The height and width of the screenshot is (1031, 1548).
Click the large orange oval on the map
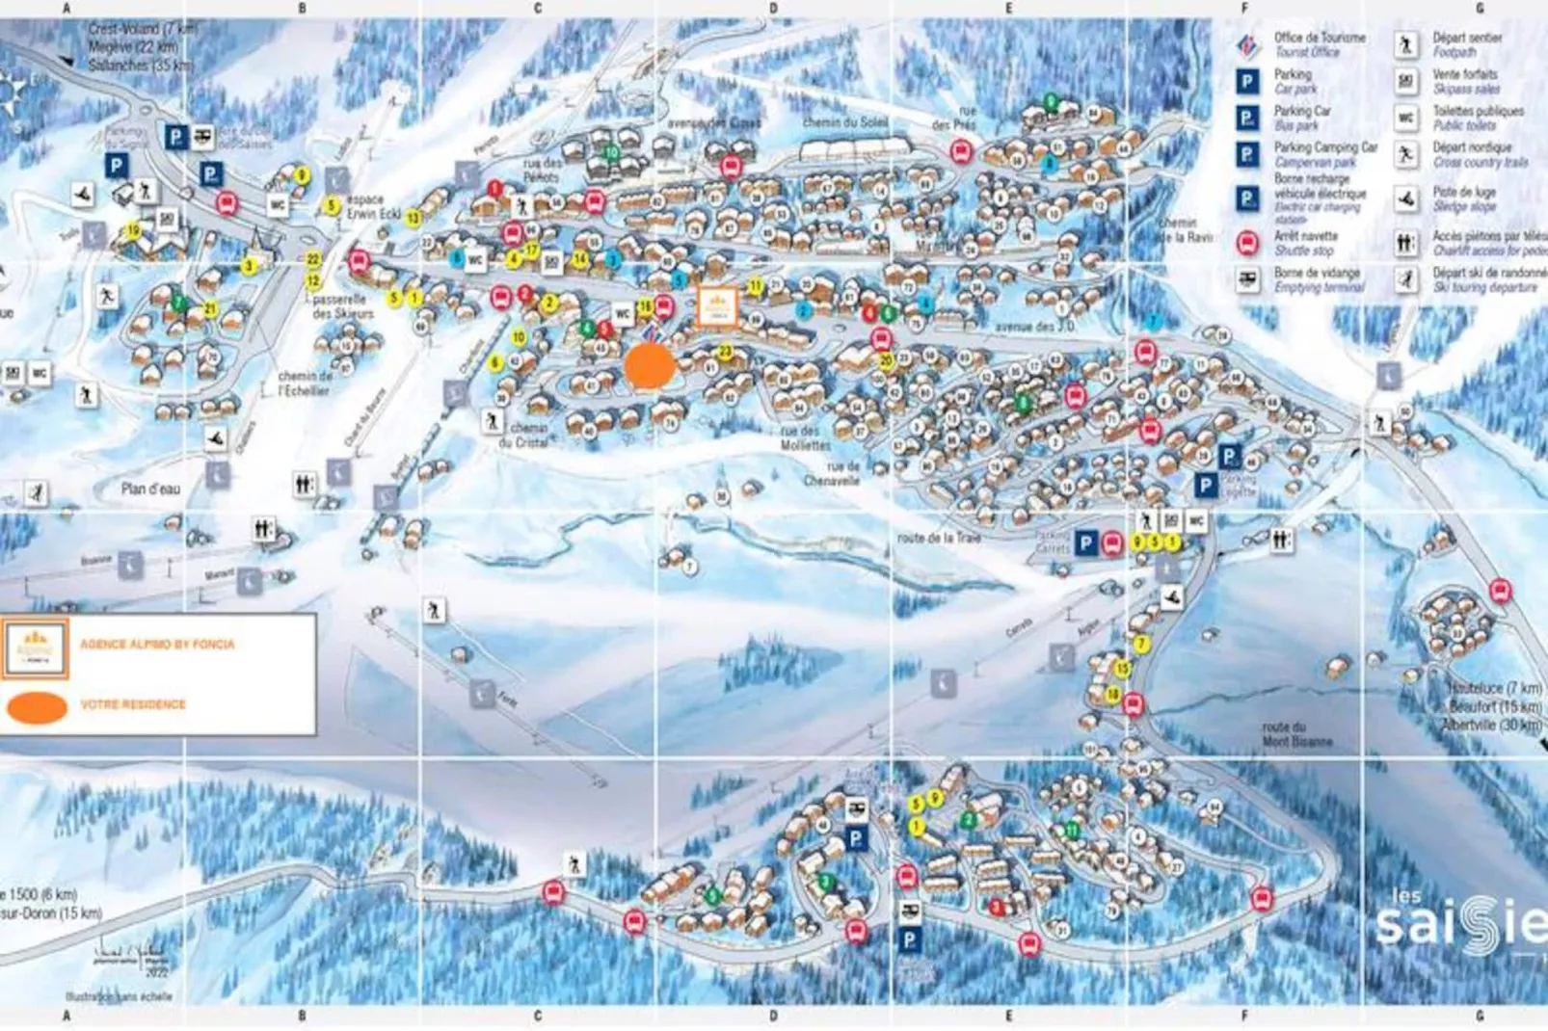click(x=649, y=366)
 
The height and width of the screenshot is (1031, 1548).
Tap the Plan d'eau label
click(x=150, y=489)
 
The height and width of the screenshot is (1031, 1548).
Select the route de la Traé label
click(x=939, y=538)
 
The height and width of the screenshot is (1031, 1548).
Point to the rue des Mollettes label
click(x=805, y=438)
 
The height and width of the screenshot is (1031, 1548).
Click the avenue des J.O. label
click(x=1034, y=327)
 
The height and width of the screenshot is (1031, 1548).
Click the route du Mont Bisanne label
click(x=1296, y=734)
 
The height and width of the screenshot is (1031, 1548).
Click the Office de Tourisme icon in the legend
click(x=1247, y=44)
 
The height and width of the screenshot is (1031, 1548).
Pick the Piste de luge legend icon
click(x=1406, y=199)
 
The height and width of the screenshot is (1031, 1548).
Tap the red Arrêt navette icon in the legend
click(x=1247, y=243)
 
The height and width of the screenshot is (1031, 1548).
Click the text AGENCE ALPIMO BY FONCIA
click(x=157, y=644)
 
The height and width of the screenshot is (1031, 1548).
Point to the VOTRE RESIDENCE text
click(x=133, y=704)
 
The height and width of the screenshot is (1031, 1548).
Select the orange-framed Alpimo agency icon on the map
click(x=717, y=306)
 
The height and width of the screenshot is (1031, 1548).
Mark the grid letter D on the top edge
click(x=773, y=8)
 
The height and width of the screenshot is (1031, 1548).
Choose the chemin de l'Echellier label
click(x=305, y=383)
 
